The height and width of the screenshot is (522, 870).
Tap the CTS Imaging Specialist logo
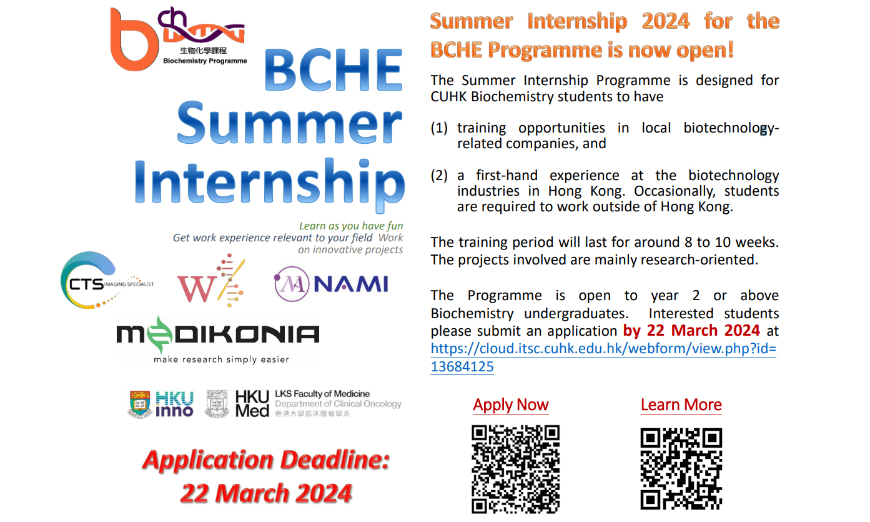[107, 280]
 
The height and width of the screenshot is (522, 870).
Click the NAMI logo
[331, 284]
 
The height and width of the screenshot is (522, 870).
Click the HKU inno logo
[161, 404]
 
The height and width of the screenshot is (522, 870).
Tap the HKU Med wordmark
[252, 404]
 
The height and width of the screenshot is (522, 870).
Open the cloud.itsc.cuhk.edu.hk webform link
[603, 357]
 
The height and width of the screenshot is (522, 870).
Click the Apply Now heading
[511, 404]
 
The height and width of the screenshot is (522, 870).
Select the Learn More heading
[681, 404]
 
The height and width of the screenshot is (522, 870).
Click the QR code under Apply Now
[516, 469]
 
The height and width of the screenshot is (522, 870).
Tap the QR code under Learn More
[681, 469]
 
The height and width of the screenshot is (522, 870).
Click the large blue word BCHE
[334, 70]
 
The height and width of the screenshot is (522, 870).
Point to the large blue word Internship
[270, 183]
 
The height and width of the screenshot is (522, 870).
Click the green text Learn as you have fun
[351, 226]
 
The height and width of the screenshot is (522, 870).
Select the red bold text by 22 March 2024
[691, 330]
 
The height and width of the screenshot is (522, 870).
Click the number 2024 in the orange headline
[666, 21]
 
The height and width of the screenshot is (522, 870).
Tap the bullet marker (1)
[439, 128]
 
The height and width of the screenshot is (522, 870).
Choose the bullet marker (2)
[439, 175]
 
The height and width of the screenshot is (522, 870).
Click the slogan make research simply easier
[221, 359]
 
